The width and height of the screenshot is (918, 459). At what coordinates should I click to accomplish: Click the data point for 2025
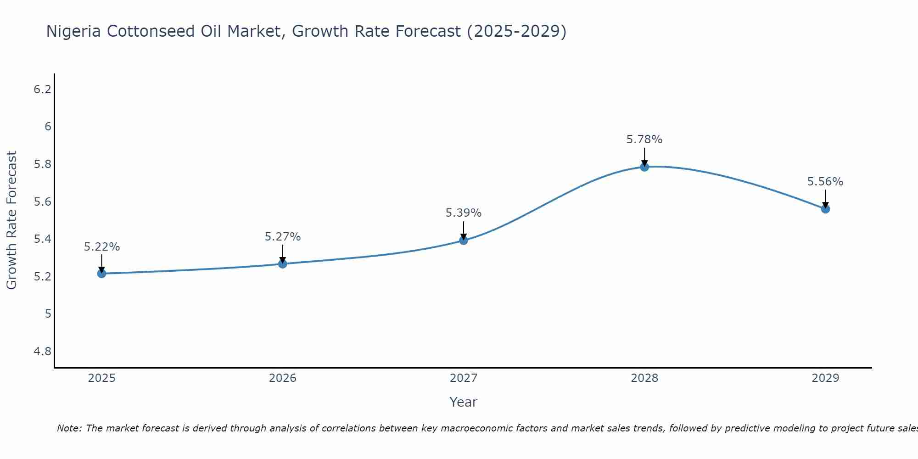point(101,274)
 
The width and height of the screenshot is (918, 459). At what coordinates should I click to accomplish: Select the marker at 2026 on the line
point(283,264)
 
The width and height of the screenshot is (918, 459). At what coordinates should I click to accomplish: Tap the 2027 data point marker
point(464,240)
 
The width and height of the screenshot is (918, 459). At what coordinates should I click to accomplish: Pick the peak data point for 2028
point(644,167)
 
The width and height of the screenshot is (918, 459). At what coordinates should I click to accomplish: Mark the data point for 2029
point(825,209)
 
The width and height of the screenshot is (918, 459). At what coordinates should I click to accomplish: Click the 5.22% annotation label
point(101,247)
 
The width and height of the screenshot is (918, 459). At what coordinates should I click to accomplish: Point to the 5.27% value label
point(283,237)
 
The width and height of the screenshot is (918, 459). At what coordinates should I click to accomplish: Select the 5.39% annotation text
point(464,213)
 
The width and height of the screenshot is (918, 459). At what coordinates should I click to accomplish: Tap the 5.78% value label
point(644,140)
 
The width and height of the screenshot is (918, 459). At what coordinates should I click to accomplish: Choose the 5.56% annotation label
point(825,182)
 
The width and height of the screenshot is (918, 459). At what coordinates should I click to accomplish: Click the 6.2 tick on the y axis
point(42,89)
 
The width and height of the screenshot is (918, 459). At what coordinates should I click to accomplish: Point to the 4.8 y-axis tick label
point(42,352)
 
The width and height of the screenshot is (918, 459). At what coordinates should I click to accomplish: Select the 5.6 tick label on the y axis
point(42,202)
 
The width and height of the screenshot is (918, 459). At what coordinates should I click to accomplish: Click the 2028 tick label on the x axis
point(644,378)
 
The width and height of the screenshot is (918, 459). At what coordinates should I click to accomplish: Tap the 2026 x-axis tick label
point(283,378)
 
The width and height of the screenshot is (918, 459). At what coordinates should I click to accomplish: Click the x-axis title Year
point(464,402)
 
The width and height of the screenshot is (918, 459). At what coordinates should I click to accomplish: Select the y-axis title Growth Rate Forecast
point(11,220)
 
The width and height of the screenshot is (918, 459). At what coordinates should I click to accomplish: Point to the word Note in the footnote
point(69,428)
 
